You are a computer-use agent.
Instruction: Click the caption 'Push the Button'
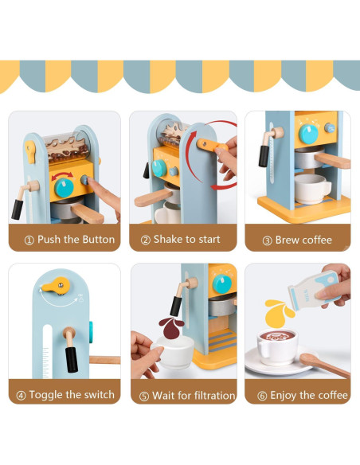coord(70,239)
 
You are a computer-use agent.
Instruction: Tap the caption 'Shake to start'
coord(186,239)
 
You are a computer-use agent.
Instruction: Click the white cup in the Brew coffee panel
coord(312,188)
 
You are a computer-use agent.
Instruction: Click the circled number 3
coord(267,240)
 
